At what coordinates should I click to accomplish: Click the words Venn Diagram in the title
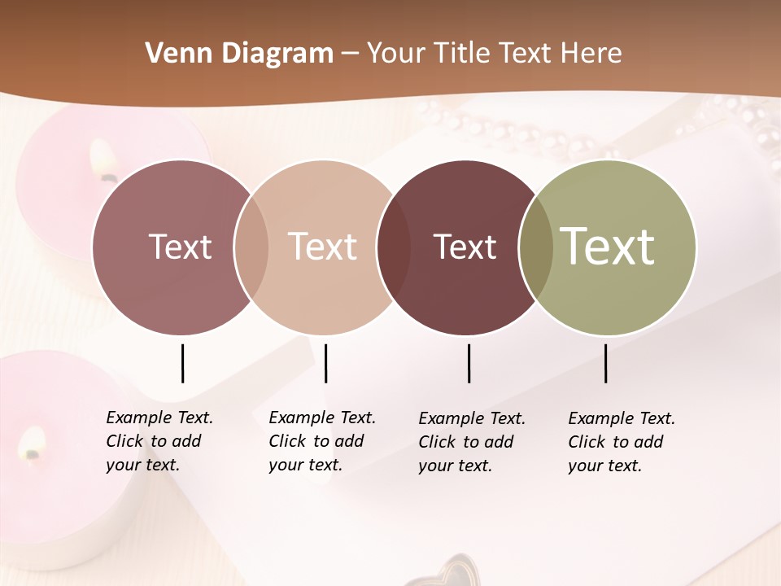pos(239,54)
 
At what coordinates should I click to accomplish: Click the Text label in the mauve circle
pos(180,247)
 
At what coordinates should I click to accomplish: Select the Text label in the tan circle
pos(323,247)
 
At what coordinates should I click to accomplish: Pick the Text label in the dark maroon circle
pos(465,247)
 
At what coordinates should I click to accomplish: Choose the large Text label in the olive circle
pos(608,246)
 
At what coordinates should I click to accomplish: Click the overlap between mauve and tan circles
pos(251,247)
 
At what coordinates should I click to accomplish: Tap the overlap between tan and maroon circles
pos(394,247)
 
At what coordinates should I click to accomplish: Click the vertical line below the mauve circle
pos(182,363)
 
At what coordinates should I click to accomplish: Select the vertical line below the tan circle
pos(325,363)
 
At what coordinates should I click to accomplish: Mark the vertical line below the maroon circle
pos(469,363)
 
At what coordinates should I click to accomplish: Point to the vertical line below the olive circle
pos(605,363)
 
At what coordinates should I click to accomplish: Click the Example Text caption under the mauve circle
pos(159,441)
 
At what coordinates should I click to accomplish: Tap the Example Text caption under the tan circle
pos(321,441)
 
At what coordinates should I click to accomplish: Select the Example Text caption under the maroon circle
pos(471,442)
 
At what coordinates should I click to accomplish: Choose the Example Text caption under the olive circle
pos(621,442)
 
